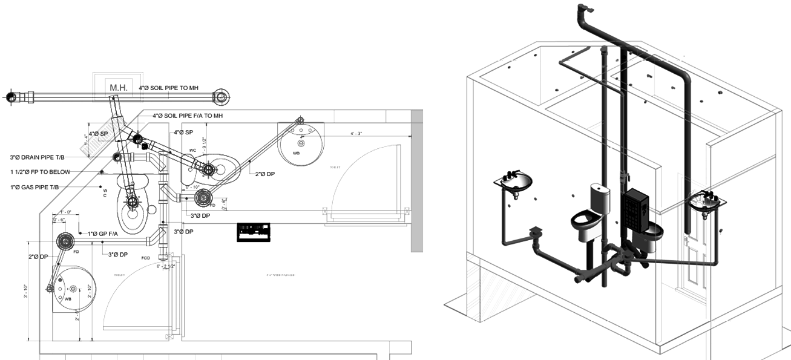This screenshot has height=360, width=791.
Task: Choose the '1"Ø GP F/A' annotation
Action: coord(107,234)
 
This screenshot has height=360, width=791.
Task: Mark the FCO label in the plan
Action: coord(145,257)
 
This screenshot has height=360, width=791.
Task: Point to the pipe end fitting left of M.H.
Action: coord(11,96)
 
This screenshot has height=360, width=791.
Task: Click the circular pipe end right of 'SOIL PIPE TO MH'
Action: coord(222,96)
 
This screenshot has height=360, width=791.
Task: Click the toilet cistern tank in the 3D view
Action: coord(600,197)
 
